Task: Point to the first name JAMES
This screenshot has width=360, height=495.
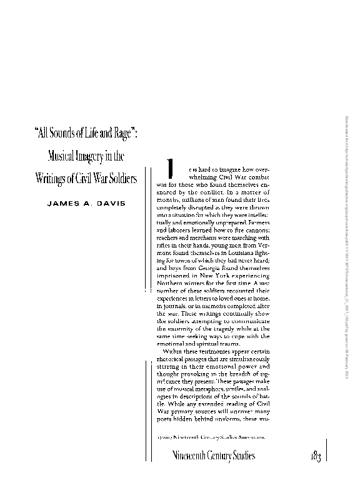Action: [x=66, y=204]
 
